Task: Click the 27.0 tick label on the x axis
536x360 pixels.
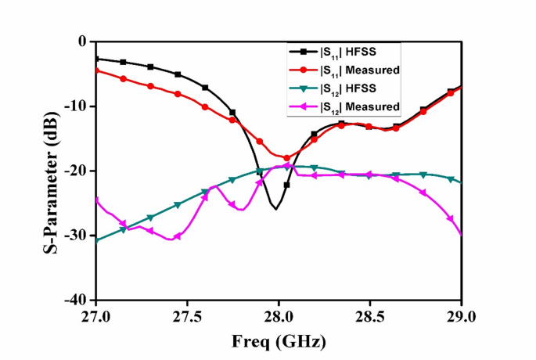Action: point(96,317)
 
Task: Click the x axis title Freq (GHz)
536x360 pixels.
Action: point(278,342)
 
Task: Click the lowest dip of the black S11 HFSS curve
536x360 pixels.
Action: point(275,209)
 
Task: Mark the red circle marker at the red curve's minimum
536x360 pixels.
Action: point(286,158)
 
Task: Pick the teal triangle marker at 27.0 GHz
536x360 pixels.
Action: point(96,240)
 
